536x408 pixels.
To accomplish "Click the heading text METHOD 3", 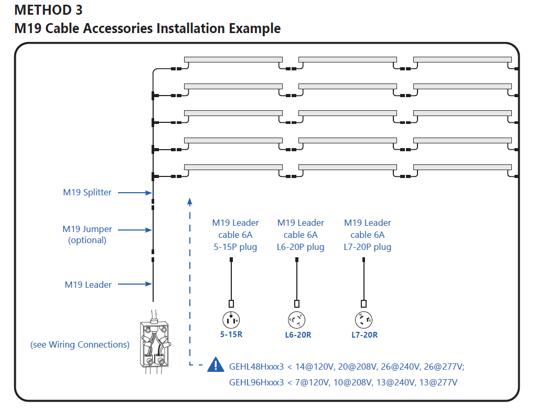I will pos(48,10).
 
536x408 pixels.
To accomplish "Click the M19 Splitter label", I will pos(87,192).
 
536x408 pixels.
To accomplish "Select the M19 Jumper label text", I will pos(87,229).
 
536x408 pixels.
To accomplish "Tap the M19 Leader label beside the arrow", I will pos(88,285).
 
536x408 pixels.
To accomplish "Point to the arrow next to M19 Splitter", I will pos(134,193).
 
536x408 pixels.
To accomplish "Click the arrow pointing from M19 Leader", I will pos(134,285).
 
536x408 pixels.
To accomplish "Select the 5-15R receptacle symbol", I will pos(231,319).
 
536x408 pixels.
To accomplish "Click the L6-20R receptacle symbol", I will pos(297,319).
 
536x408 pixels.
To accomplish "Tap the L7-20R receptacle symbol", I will pos(364,319).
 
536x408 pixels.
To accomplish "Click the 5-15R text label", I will pos(231,334).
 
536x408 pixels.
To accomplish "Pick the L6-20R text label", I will pos(297,334).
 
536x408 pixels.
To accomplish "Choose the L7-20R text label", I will pos(365,334).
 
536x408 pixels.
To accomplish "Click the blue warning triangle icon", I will pos(216,364).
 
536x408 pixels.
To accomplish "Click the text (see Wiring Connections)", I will pos(80,344).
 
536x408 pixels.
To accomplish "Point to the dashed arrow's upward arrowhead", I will pos(190,201).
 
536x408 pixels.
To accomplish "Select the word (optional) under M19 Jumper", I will pos(87,240).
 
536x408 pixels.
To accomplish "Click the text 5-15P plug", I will pos(235,247).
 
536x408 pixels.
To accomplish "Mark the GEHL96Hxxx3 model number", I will pos(256,382).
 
